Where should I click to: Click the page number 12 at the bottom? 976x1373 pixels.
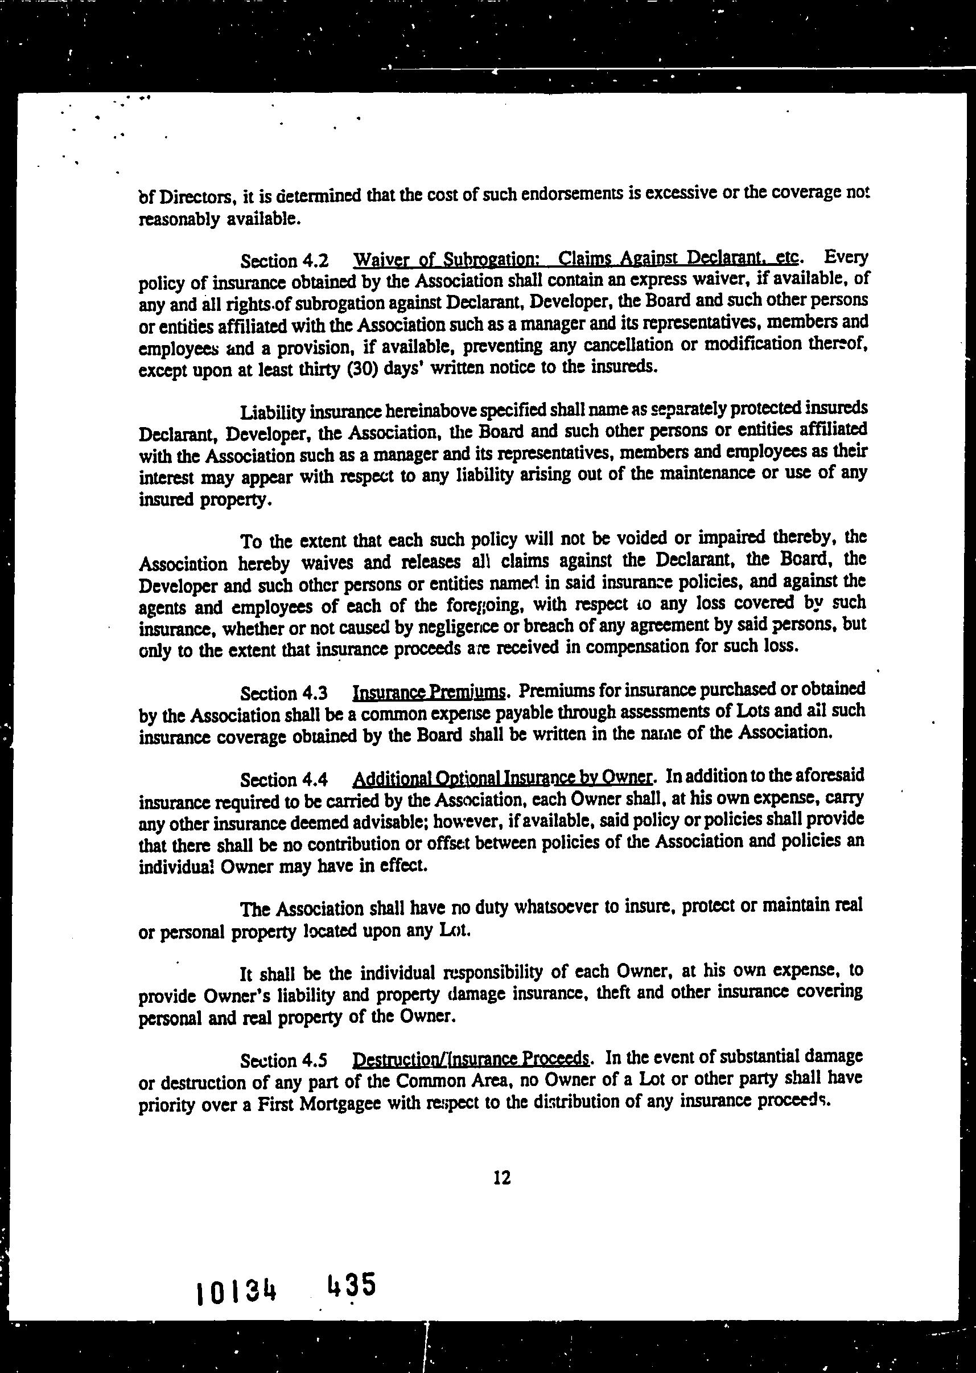click(x=501, y=1178)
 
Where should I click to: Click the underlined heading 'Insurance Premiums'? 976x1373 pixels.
click(x=429, y=692)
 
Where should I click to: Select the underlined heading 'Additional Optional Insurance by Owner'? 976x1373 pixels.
click(x=502, y=778)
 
